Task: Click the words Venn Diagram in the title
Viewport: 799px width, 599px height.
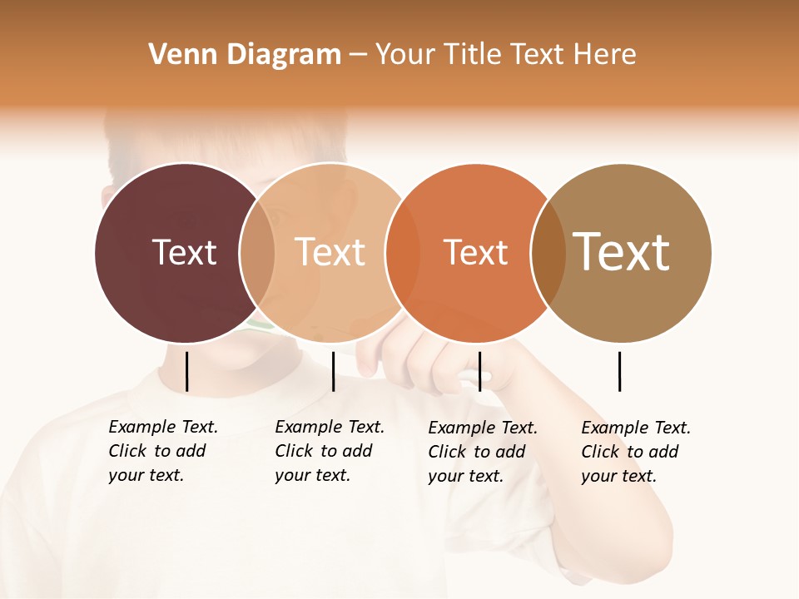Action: [x=245, y=55]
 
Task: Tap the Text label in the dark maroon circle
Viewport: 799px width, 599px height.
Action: [x=184, y=252]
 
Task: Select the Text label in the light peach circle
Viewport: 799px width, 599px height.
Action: [x=330, y=252]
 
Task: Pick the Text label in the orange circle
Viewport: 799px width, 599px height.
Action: [x=475, y=253]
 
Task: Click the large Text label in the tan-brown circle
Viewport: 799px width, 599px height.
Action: [x=621, y=251]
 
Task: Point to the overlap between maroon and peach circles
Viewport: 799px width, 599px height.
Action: [x=257, y=253]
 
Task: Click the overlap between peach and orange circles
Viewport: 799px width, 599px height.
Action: [x=402, y=253]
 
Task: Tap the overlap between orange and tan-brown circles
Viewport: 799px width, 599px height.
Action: [x=548, y=253]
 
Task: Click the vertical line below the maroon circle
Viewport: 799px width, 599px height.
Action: [x=186, y=371]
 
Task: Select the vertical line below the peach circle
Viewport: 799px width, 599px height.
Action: [x=333, y=371]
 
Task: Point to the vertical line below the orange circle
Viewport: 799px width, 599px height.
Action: [x=479, y=371]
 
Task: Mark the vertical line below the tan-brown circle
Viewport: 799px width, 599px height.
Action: [x=620, y=371]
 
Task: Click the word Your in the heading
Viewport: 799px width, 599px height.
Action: [x=404, y=55]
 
